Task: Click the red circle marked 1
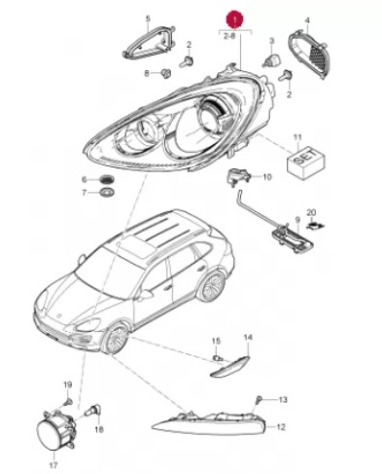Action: tap(235, 19)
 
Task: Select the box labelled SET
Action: tap(305, 162)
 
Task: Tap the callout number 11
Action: tap(297, 137)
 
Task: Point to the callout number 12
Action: tap(281, 426)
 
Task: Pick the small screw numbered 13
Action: tap(259, 399)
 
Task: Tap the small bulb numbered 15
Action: tap(218, 358)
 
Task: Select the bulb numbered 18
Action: tap(93, 410)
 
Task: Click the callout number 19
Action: tap(67, 385)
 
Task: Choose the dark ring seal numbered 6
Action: tap(106, 179)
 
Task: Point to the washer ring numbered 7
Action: tap(107, 193)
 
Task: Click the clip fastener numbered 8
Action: tap(166, 73)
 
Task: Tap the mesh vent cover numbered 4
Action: tap(309, 55)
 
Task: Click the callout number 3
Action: tap(272, 41)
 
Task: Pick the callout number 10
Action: tap(267, 177)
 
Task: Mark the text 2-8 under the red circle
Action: tap(229, 36)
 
